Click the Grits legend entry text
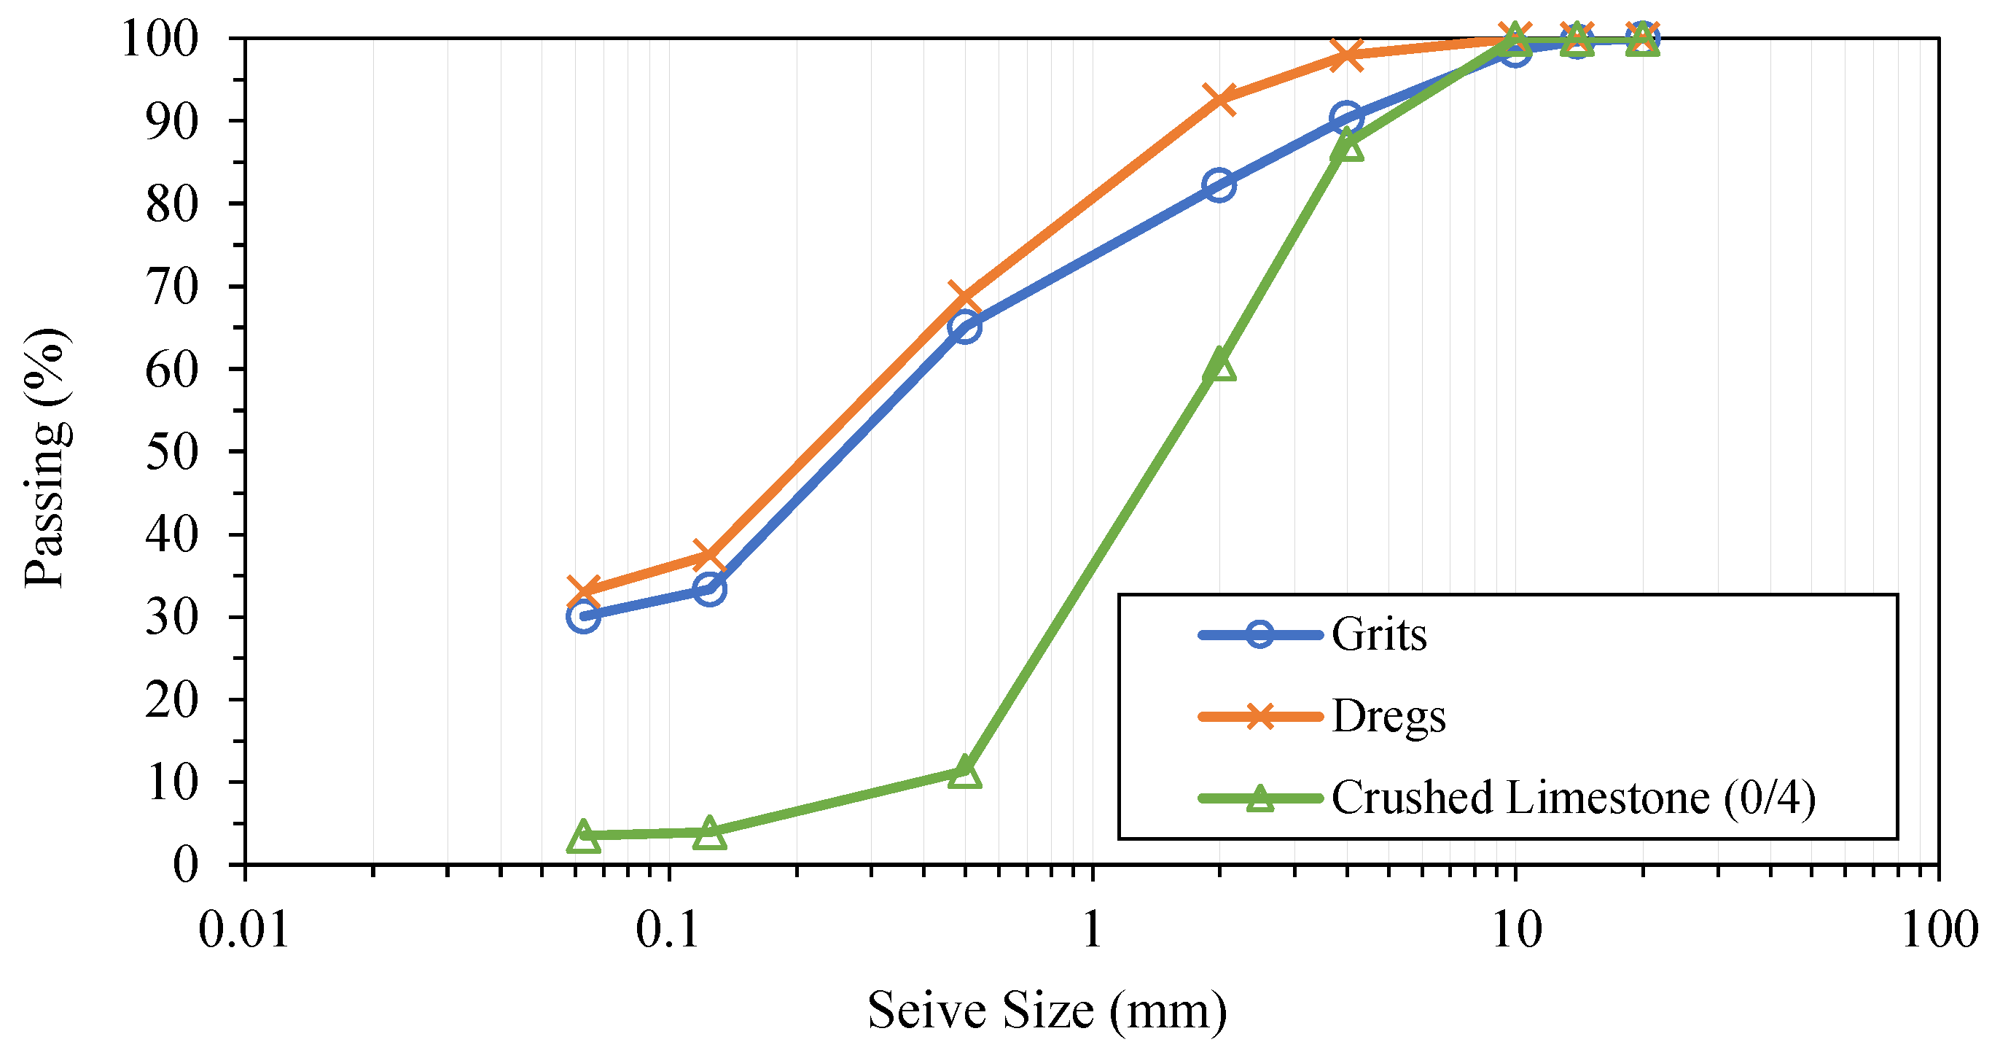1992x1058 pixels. pyautogui.click(x=1379, y=635)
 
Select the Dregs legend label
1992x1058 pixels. pyautogui.click(x=1388, y=717)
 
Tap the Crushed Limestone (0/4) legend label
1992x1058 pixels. pyautogui.click(x=1573, y=798)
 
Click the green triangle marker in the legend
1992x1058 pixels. pyautogui.click(x=1259, y=798)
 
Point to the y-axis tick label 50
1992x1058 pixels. pyautogui.click(x=173, y=452)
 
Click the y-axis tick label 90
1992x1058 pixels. pyautogui.click(x=173, y=122)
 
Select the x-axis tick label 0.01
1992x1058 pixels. pyautogui.click(x=243, y=930)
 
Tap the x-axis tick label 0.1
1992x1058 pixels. pyautogui.click(x=668, y=930)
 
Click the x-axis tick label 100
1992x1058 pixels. pyautogui.click(x=1939, y=930)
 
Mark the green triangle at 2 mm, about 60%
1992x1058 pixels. pyautogui.click(x=1219, y=365)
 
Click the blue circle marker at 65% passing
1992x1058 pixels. pyautogui.click(x=965, y=327)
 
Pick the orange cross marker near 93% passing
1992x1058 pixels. pyautogui.click(x=1219, y=99)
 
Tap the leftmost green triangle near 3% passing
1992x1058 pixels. pyautogui.click(x=583, y=837)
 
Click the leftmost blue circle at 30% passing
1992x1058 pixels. pyautogui.click(x=583, y=617)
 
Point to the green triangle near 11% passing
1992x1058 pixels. pyautogui.click(x=965, y=773)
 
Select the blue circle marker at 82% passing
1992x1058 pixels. pyautogui.click(x=1219, y=186)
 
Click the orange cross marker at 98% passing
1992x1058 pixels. pyautogui.click(x=1347, y=55)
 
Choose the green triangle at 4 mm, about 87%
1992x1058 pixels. pyautogui.click(x=1347, y=145)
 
